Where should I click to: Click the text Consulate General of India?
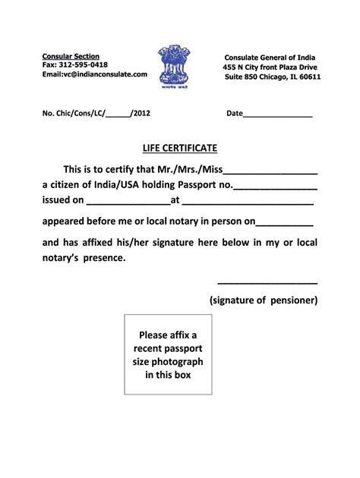(270, 58)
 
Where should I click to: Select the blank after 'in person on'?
(285, 225)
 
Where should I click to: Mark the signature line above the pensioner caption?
(267, 285)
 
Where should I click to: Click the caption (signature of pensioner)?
(264, 300)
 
